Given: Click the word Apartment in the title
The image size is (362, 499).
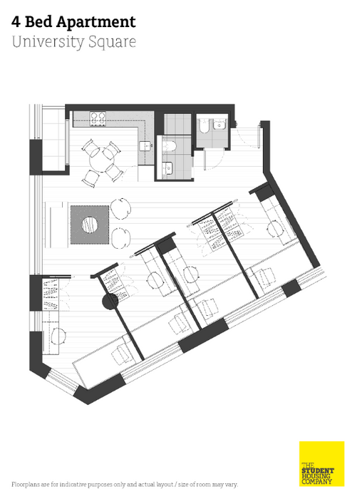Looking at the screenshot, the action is click(95, 23).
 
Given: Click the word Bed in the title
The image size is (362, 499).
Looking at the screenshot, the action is click(38, 21).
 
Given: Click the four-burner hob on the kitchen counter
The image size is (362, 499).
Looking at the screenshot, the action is click(98, 119).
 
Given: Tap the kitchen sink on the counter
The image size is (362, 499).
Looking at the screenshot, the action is click(145, 146).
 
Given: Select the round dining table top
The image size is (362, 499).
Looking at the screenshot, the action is click(102, 160).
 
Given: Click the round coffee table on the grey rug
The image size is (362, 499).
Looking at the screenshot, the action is click(90, 225).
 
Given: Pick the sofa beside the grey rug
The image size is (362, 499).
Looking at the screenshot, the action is click(56, 225).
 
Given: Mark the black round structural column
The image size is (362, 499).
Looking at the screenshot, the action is click(110, 302).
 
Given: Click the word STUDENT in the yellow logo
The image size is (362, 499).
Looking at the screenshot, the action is click(318, 470).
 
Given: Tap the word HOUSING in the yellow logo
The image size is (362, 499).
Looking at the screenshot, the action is click(316, 476).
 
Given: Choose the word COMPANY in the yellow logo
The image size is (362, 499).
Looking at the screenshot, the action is click(317, 481).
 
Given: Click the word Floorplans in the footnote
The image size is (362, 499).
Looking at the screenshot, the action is click(26, 485).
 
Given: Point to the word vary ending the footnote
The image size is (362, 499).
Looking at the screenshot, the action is click(232, 485).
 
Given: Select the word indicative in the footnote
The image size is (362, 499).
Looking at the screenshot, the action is click(73, 484).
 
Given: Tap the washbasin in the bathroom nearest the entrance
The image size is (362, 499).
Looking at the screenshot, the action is click(219, 125).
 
